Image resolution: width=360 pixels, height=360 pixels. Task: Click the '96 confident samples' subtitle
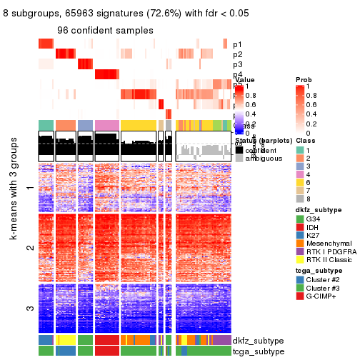[105, 31]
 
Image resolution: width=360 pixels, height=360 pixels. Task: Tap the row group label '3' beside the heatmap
[29, 309]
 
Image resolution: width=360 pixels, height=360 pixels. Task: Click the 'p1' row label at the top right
[237, 44]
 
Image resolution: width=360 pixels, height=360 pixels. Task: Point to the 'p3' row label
[237, 64]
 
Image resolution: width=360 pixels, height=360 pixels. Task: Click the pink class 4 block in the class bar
[106, 125]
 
